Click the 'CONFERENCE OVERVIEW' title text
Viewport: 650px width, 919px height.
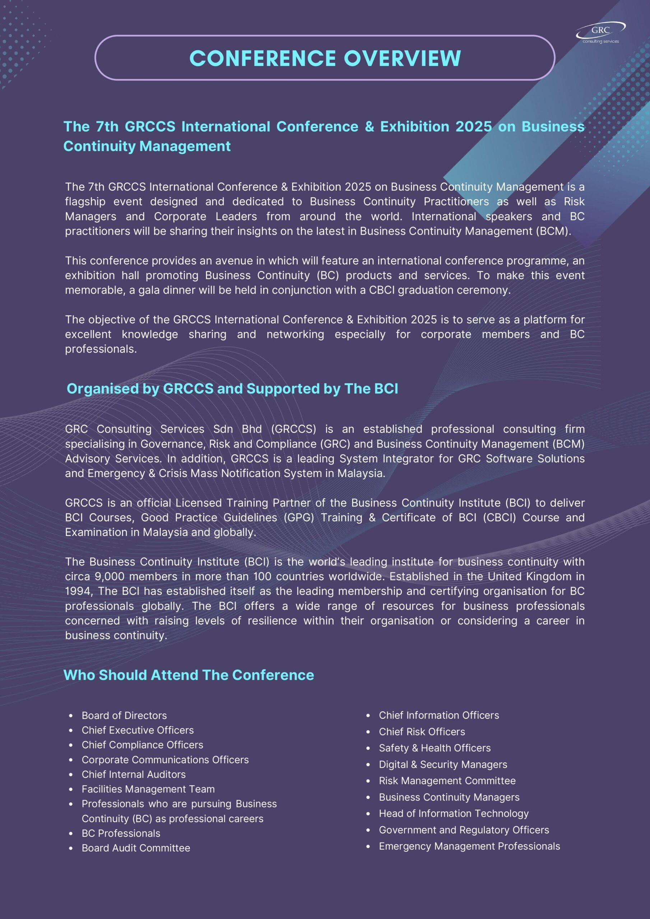325,58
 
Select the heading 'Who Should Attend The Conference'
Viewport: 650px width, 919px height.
189,675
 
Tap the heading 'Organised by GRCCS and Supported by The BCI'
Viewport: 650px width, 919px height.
232,389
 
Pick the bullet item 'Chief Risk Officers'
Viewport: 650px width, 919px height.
422,732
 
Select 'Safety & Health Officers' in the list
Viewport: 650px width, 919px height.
435,748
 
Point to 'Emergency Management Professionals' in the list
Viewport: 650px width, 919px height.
469,846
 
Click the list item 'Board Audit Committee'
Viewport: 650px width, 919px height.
136,848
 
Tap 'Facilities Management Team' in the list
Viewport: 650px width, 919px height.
148,789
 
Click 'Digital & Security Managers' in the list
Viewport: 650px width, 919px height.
443,765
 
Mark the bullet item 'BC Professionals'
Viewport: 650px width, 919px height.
121,833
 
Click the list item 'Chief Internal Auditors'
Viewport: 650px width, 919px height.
134,774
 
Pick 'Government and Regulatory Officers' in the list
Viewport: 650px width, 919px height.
464,830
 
